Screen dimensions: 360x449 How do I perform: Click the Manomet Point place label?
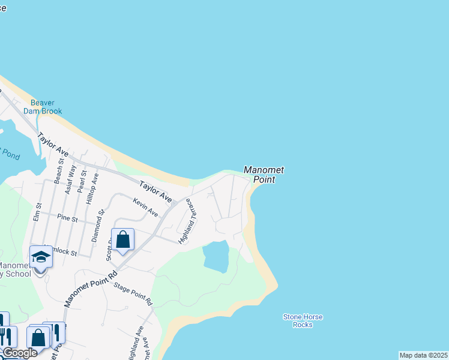click(x=264, y=175)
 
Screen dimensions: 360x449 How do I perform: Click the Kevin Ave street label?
click(x=146, y=208)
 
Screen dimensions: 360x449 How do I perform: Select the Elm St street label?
click(x=38, y=214)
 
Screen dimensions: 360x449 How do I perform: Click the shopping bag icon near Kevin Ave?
click(x=123, y=240)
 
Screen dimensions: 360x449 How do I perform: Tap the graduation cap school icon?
click(x=41, y=257)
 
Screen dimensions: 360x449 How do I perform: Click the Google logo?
click(x=20, y=353)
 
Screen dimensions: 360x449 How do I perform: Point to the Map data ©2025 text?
click(x=423, y=355)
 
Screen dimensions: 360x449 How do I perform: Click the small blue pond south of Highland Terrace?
click(x=216, y=256)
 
